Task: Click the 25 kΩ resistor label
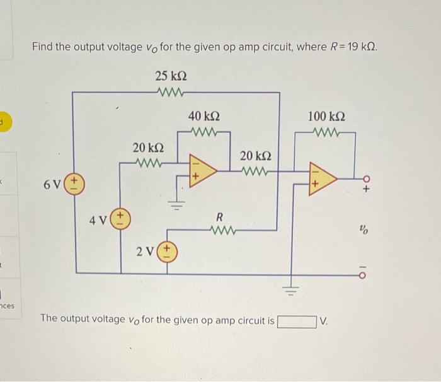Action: click(x=170, y=76)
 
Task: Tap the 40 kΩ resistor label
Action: click(x=204, y=117)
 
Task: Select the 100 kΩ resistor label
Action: click(x=326, y=117)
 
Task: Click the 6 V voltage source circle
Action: click(x=75, y=184)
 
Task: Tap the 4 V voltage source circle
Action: click(x=120, y=221)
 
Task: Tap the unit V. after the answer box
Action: click(x=324, y=321)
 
